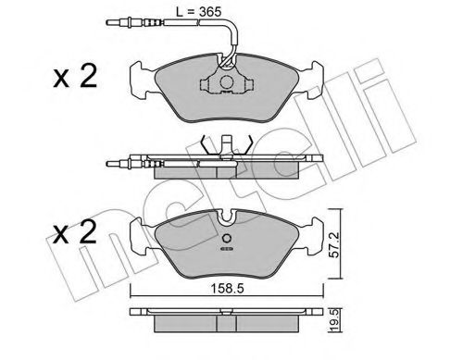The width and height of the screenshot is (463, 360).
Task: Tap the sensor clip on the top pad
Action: pyautogui.click(x=223, y=81)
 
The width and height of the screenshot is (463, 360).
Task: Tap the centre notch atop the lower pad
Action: pyautogui.click(x=225, y=219)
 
